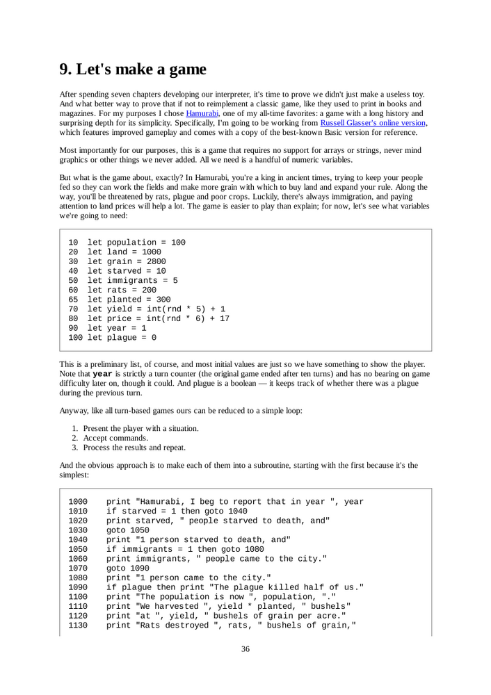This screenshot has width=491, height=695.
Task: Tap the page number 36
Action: tap(245, 649)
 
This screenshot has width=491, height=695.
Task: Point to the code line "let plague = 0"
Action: tap(121, 338)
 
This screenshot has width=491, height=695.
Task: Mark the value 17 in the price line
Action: tap(224, 319)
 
